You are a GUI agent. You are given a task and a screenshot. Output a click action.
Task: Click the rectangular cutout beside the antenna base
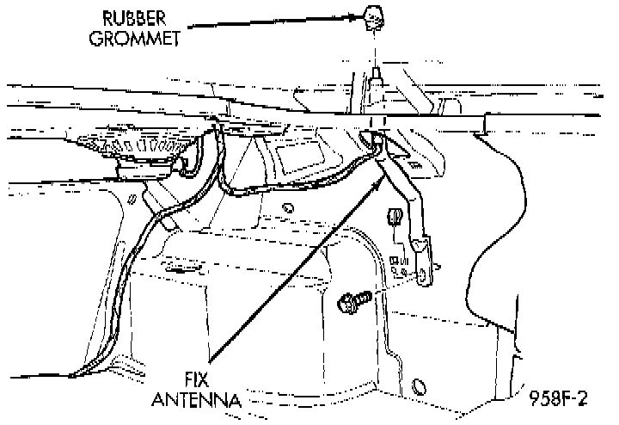click(297, 158)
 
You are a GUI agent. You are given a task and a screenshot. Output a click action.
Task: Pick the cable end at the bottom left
click(76, 372)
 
